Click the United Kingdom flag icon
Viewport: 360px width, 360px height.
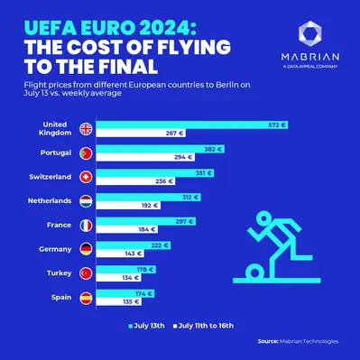87,128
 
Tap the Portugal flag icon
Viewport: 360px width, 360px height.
87,153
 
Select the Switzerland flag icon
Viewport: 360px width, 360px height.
87,178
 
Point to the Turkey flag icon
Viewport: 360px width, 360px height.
87,273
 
